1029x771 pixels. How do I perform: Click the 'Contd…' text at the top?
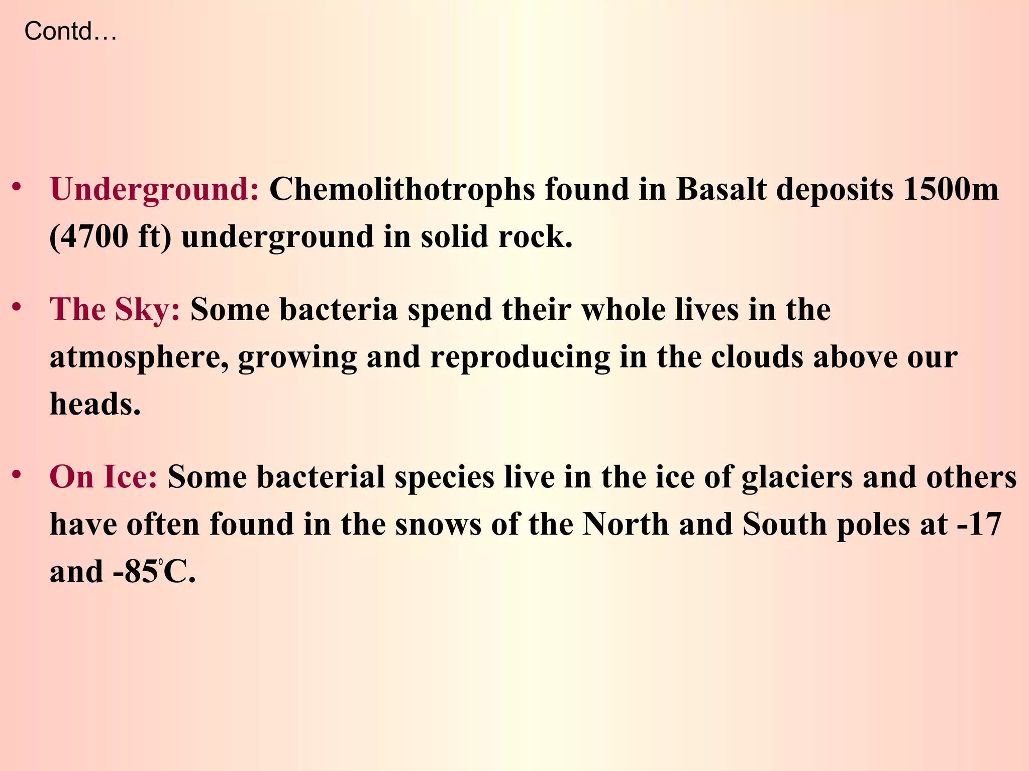pyautogui.click(x=70, y=32)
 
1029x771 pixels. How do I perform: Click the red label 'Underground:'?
pyautogui.click(x=155, y=190)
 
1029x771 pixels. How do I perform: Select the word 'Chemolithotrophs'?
pyautogui.click(x=402, y=190)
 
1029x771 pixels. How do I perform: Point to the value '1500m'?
pyautogui.click(x=951, y=190)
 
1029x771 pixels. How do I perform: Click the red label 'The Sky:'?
pyautogui.click(x=115, y=309)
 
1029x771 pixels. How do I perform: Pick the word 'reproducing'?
pyautogui.click(x=520, y=357)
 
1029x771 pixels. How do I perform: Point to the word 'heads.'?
pyautogui.click(x=95, y=404)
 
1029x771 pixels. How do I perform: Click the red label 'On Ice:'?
pyautogui.click(x=104, y=476)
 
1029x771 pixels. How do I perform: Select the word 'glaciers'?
pyautogui.click(x=797, y=476)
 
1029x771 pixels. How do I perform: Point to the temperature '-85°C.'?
pyautogui.click(x=154, y=572)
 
